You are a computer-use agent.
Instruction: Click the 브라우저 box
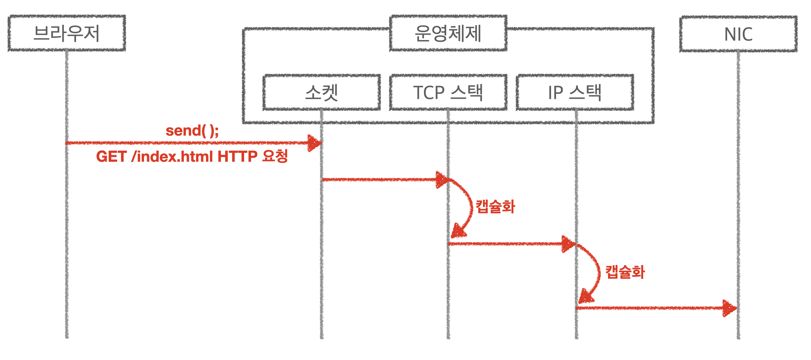(x=67, y=33)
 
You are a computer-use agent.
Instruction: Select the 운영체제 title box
(x=448, y=33)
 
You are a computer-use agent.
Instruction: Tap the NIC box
(x=738, y=34)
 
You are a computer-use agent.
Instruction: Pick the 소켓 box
(x=321, y=93)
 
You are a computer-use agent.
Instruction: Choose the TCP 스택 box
(x=448, y=93)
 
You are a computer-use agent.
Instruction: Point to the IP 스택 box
(x=574, y=93)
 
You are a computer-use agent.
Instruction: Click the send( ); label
(x=192, y=131)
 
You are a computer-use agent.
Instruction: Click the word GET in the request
(x=111, y=156)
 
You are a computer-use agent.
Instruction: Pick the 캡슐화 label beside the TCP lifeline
(x=495, y=207)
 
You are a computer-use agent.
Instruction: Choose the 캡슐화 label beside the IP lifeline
(x=625, y=272)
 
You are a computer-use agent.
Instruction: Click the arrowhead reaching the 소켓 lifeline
(x=314, y=143)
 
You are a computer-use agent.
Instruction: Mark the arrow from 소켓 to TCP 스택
(x=378, y=180)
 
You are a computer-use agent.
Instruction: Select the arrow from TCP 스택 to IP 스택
(x=504, y=244)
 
